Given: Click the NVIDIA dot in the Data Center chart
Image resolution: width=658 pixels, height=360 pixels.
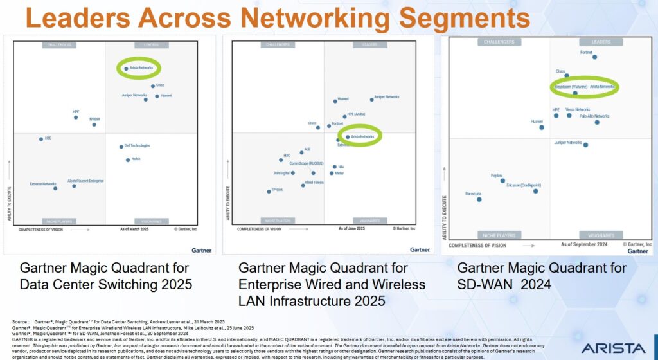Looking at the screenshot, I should point(94,125).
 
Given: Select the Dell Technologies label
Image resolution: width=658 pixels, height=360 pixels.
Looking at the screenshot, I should point(137,146).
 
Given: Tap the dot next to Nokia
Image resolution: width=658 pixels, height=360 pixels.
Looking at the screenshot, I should point(128,159).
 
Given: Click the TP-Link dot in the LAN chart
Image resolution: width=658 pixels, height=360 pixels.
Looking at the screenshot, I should point(269,191).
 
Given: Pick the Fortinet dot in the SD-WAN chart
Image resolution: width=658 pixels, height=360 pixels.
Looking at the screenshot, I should point(594,57).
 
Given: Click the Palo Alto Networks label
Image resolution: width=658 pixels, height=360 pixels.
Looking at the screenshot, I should point(594,116).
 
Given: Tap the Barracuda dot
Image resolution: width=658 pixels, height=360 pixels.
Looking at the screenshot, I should point(479,199).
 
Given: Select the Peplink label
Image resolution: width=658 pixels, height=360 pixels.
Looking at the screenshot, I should point(496,175).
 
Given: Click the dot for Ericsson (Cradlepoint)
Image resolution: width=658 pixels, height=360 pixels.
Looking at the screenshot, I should point(535,191).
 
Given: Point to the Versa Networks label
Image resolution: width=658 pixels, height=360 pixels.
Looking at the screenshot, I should point(578,110).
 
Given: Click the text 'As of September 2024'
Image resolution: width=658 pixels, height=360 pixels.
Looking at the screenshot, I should point(583,244).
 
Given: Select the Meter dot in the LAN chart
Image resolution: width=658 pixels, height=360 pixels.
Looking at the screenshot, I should point(332,173).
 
